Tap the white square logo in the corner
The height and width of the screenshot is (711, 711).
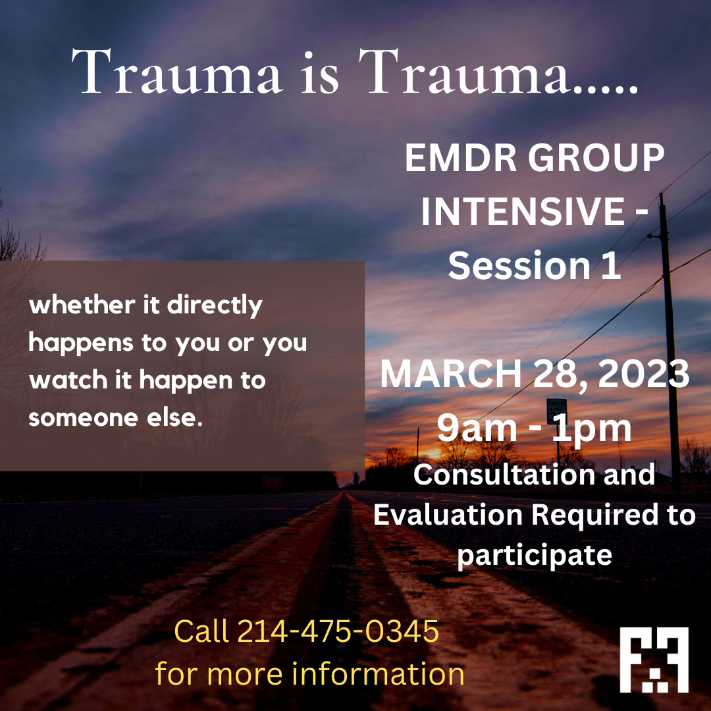point(654,660)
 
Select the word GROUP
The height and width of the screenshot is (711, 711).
point(596,158)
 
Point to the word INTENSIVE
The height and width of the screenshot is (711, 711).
point(523,211)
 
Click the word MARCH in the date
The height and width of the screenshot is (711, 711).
point(451,374)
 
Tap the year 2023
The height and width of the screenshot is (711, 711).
point(644,374)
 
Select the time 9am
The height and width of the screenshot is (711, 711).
point(477,428)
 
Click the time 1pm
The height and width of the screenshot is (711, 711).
point(592,429)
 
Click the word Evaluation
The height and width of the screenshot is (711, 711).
point(448,515)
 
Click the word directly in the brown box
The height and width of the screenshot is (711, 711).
point(215,305)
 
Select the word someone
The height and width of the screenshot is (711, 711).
point(84,417)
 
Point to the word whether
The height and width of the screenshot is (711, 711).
point(82,305)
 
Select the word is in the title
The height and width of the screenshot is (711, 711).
point(320,74)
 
